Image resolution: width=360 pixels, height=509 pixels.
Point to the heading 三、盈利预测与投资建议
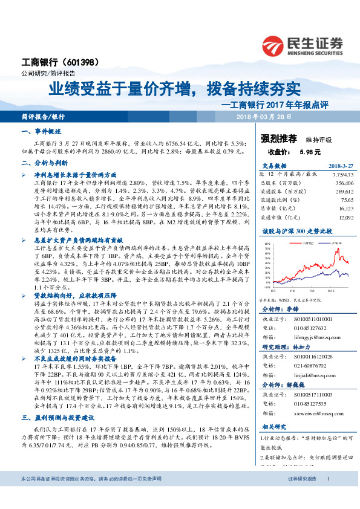(58, 418)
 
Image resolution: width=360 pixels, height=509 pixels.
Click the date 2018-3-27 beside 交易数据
(339, 166)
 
